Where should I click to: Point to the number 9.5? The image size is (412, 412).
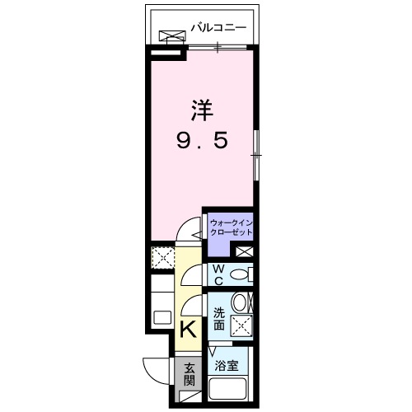[x=200, y=142]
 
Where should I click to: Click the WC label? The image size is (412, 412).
[x=218, y=274]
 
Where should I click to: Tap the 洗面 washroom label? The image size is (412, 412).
[x=219, y=319]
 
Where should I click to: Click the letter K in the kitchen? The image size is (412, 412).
[x=188, y=330]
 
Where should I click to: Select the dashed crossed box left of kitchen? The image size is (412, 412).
[x=162, y=258]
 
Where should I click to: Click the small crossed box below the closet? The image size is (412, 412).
[x=244, y=251]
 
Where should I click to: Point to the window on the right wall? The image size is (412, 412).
[x=255, y=152]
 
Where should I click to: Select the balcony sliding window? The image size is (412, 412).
[x=218, y=47]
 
